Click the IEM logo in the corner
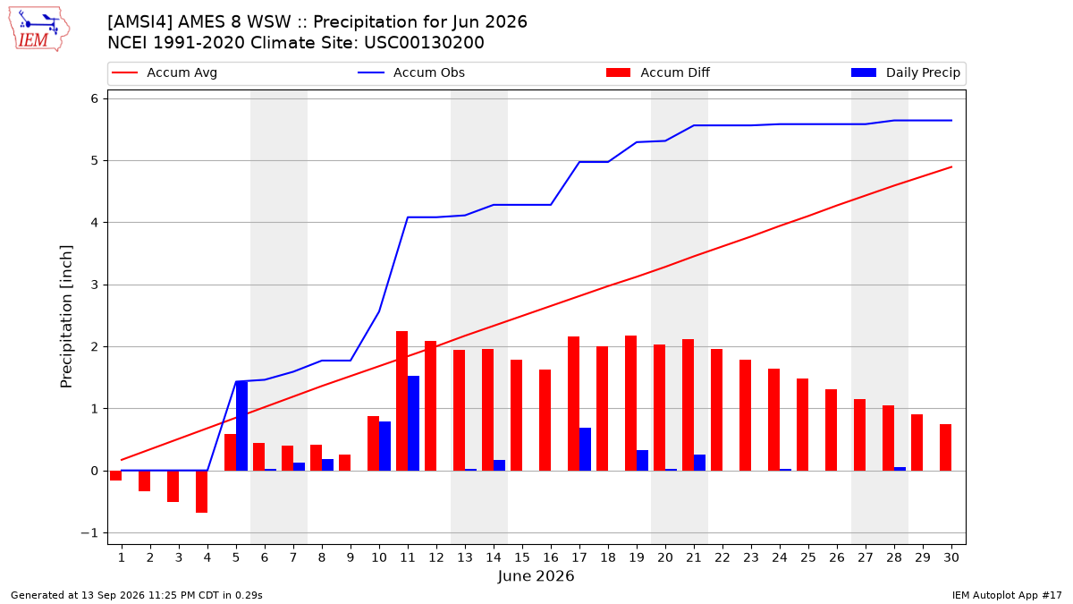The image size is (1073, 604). point(39,29)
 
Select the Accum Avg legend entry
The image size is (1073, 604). point(165,72)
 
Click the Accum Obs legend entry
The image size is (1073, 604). point(411,72)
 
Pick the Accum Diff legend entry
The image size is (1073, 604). point(658,72)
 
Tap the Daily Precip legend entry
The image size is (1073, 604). point(906,72)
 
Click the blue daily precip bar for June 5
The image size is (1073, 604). point(242,426)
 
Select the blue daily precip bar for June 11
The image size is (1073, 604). point(413,423)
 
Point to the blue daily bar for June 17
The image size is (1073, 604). point(585,449)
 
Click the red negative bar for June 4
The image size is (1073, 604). point(202,492)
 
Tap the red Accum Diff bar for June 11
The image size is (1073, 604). point(401,401)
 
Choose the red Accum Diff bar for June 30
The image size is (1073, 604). point(945,447)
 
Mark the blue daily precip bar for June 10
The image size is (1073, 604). point(384,446)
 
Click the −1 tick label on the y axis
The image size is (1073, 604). point(89,533)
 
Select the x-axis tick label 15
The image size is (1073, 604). point(522,557)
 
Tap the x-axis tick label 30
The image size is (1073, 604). point(951,557)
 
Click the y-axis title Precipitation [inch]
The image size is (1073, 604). point(66,317)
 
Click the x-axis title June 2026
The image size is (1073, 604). point(536,575)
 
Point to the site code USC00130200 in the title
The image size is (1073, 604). point(424,43)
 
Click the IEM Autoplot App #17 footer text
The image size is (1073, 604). point(1007,595)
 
